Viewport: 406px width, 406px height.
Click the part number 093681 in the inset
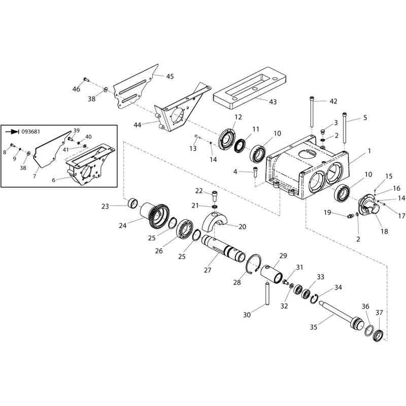pyautogui.click(x=30, y=131)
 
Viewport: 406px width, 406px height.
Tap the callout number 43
pyautogui.click(x=273, y=102)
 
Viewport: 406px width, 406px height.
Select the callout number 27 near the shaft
pyautogui.click(x=208, y=270)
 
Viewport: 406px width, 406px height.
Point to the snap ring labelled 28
pyautogui.click(x=254, y=264)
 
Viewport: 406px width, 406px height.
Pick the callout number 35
pyautogui.click(x=314, y=327)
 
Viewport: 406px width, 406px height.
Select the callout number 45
pyautogui.click(x=170, y=77)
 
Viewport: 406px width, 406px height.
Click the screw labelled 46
pyautogui.click(x=86, y=79)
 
